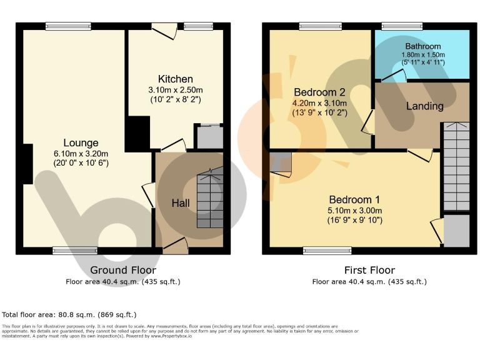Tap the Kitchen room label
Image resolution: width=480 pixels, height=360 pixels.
(175, 79)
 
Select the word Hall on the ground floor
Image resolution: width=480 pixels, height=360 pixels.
(181, 203)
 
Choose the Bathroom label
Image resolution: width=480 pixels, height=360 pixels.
(422, 46)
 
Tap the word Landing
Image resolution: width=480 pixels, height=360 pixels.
(424, 106)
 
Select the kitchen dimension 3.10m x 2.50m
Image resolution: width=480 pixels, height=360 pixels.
(175, 90)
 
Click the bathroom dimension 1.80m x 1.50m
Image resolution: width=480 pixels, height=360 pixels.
(422, 55)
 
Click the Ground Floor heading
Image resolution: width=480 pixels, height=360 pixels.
(123, 270)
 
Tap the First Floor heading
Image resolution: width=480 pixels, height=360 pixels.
(369, 270)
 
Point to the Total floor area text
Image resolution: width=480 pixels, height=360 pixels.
(69, 314)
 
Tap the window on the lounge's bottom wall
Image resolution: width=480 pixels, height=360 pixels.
(75, 251)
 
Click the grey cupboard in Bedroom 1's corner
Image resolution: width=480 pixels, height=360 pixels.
(456, 230)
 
